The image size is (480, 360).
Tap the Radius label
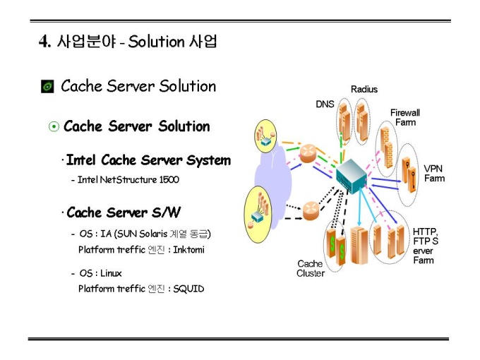(x=364, y=89)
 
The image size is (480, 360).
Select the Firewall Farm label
(x=405, y=117)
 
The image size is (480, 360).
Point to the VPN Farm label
(x=434, y=174)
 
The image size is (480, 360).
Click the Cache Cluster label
(x=310, y=268)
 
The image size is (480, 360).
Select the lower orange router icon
(x=310, y=209)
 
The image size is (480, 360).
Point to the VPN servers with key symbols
(x=411, y=170)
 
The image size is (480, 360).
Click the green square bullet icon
(x=47, y=87)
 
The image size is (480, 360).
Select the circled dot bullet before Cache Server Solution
(x=54, y=127)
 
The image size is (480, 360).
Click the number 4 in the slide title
(x=43, y=42)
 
